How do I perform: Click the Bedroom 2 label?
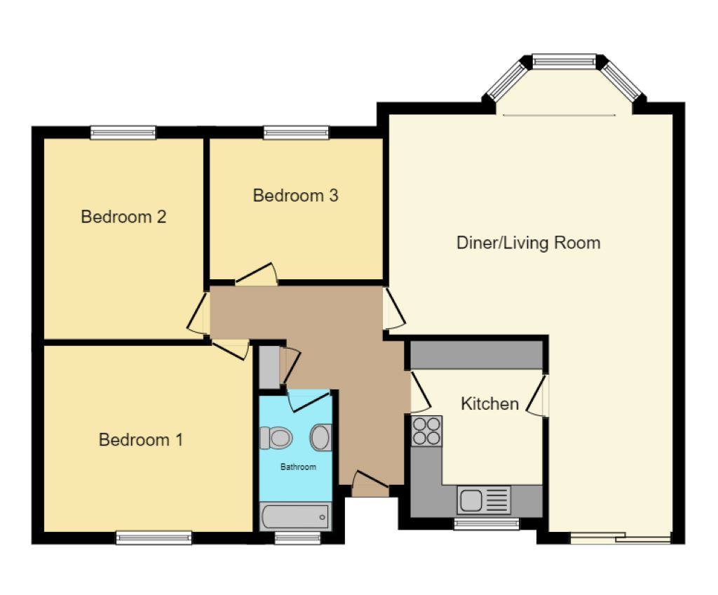click(x=123, y=217)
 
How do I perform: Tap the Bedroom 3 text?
click(x=295, y=196)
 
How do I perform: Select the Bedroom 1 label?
click(x=141, y=441)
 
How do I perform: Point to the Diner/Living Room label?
click(x=528, y=243)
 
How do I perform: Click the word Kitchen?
click(x=489, y=404)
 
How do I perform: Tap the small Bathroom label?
click(x=298, y=467)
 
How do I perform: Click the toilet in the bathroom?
click(x=276, y=438)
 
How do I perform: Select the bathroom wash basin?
click(x=320, y=438)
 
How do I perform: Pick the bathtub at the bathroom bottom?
click(x=294, y=517)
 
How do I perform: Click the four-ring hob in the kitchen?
click(x=426, y=430)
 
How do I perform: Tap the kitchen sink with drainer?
click(x=484, y=500)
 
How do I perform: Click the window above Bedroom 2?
click(x=123, y=132)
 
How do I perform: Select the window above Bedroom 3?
click(x=296, y=132)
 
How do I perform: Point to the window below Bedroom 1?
click(x=154, y=538)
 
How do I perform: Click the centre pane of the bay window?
click(x=564, y=61)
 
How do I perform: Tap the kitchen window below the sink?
click(x=486, y=523)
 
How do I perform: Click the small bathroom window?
click(x=297, y=538)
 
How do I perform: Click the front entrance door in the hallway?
click(x=370, y=484)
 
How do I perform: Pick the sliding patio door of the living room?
click(x=620, y=539)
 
